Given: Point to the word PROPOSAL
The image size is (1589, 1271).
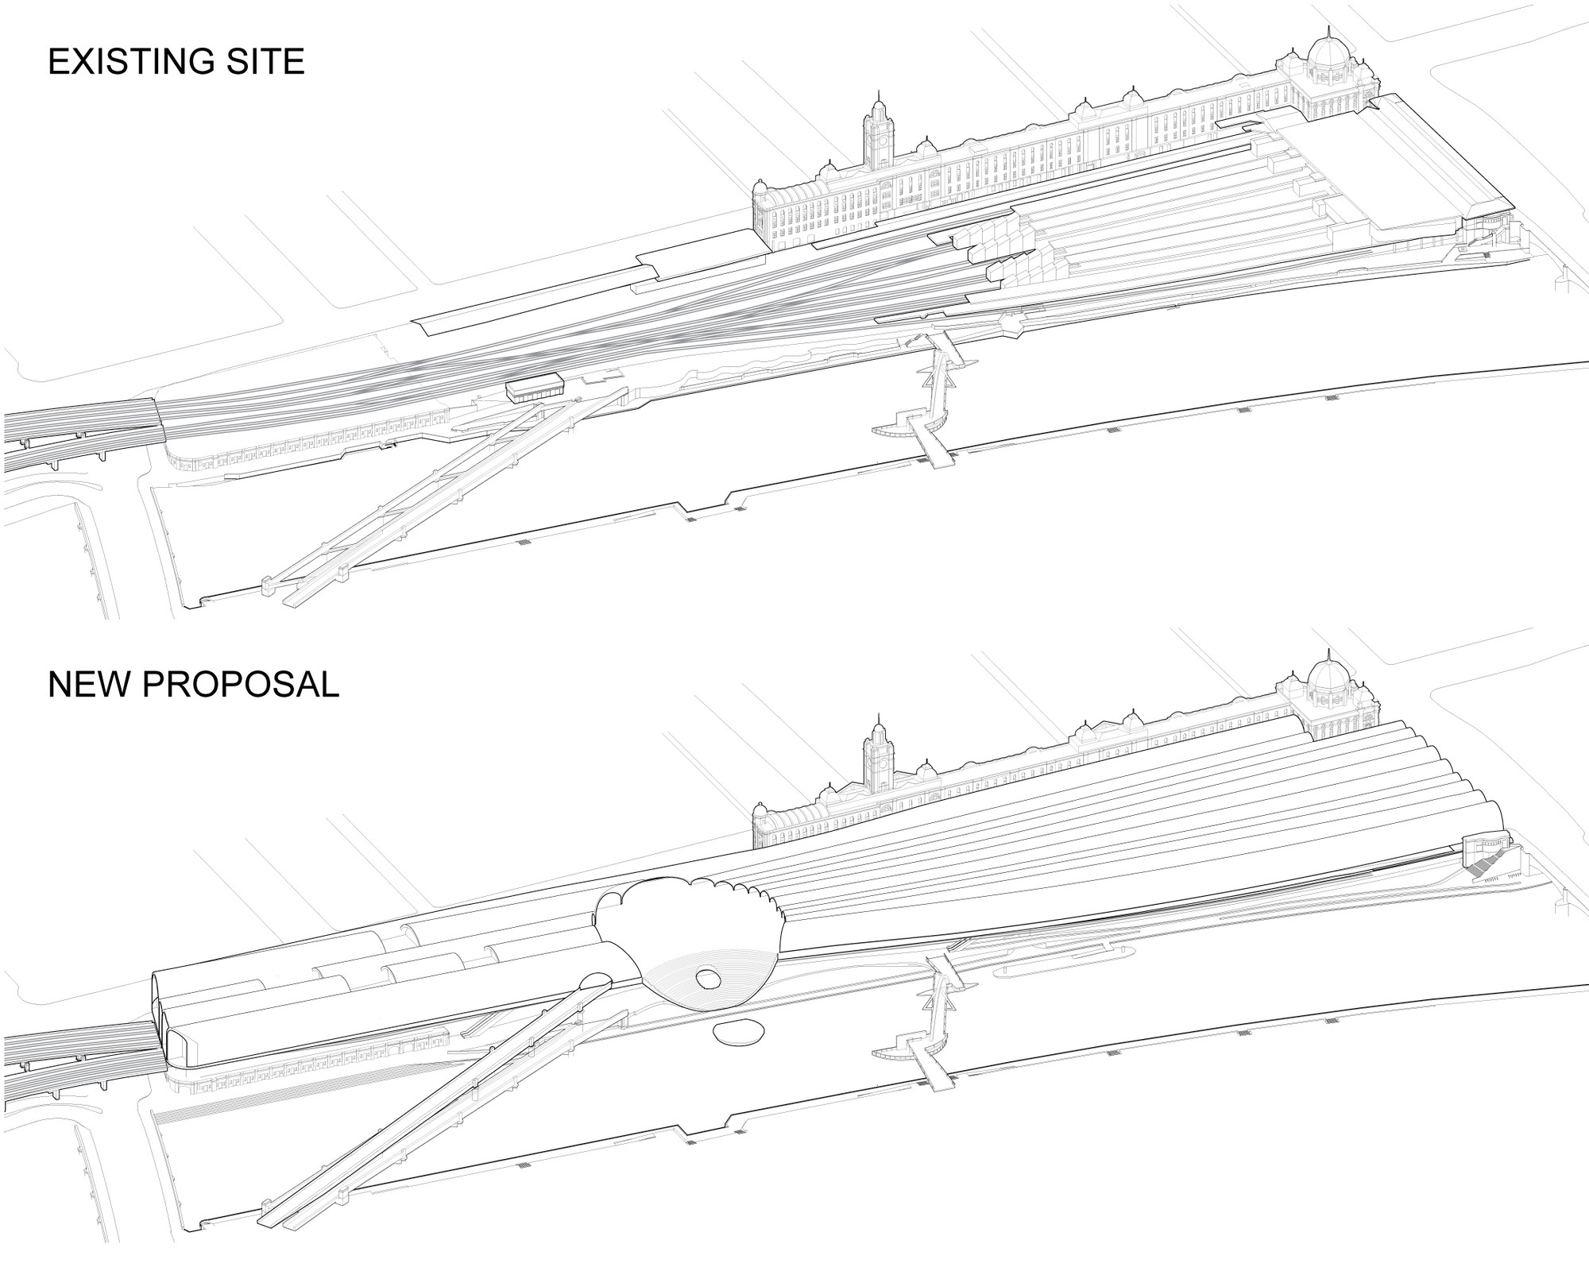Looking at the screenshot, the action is (241, 685).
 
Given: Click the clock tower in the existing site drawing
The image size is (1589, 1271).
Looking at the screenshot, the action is (878, 131).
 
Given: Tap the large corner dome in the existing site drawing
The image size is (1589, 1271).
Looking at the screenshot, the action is (1328, 56).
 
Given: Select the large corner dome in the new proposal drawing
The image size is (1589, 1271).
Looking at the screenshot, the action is (1328, 679).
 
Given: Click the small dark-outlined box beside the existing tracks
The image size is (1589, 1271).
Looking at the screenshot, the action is (535, 386).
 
